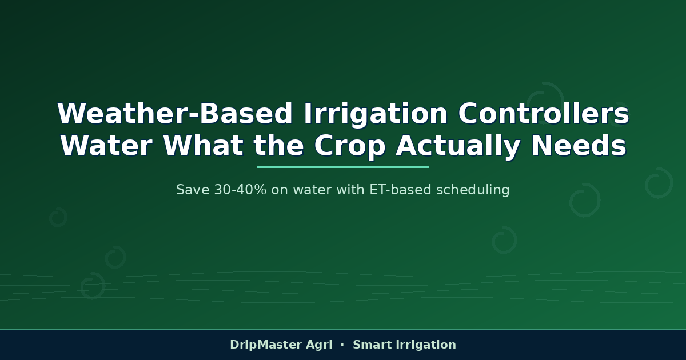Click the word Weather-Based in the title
point(174,114)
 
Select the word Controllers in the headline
point(544,113)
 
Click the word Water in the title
point(106,146)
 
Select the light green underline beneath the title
point(343,167)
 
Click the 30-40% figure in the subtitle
point(241,190)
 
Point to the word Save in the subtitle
point(193,190)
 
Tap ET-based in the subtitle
point(401,190)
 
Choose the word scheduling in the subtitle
point(473,190)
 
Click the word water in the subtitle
point(312,190)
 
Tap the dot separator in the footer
point(342,345)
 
